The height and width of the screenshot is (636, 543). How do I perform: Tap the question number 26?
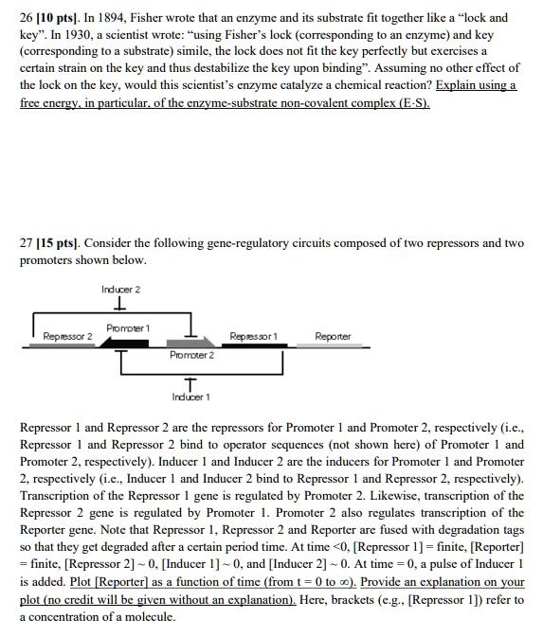pyautogui.click(x=28, y=18)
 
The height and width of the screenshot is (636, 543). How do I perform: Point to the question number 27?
pyautogui.click(x=28, y=243)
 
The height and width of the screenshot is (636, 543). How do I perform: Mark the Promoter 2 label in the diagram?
pyautogui.click(x=192, y=355)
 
